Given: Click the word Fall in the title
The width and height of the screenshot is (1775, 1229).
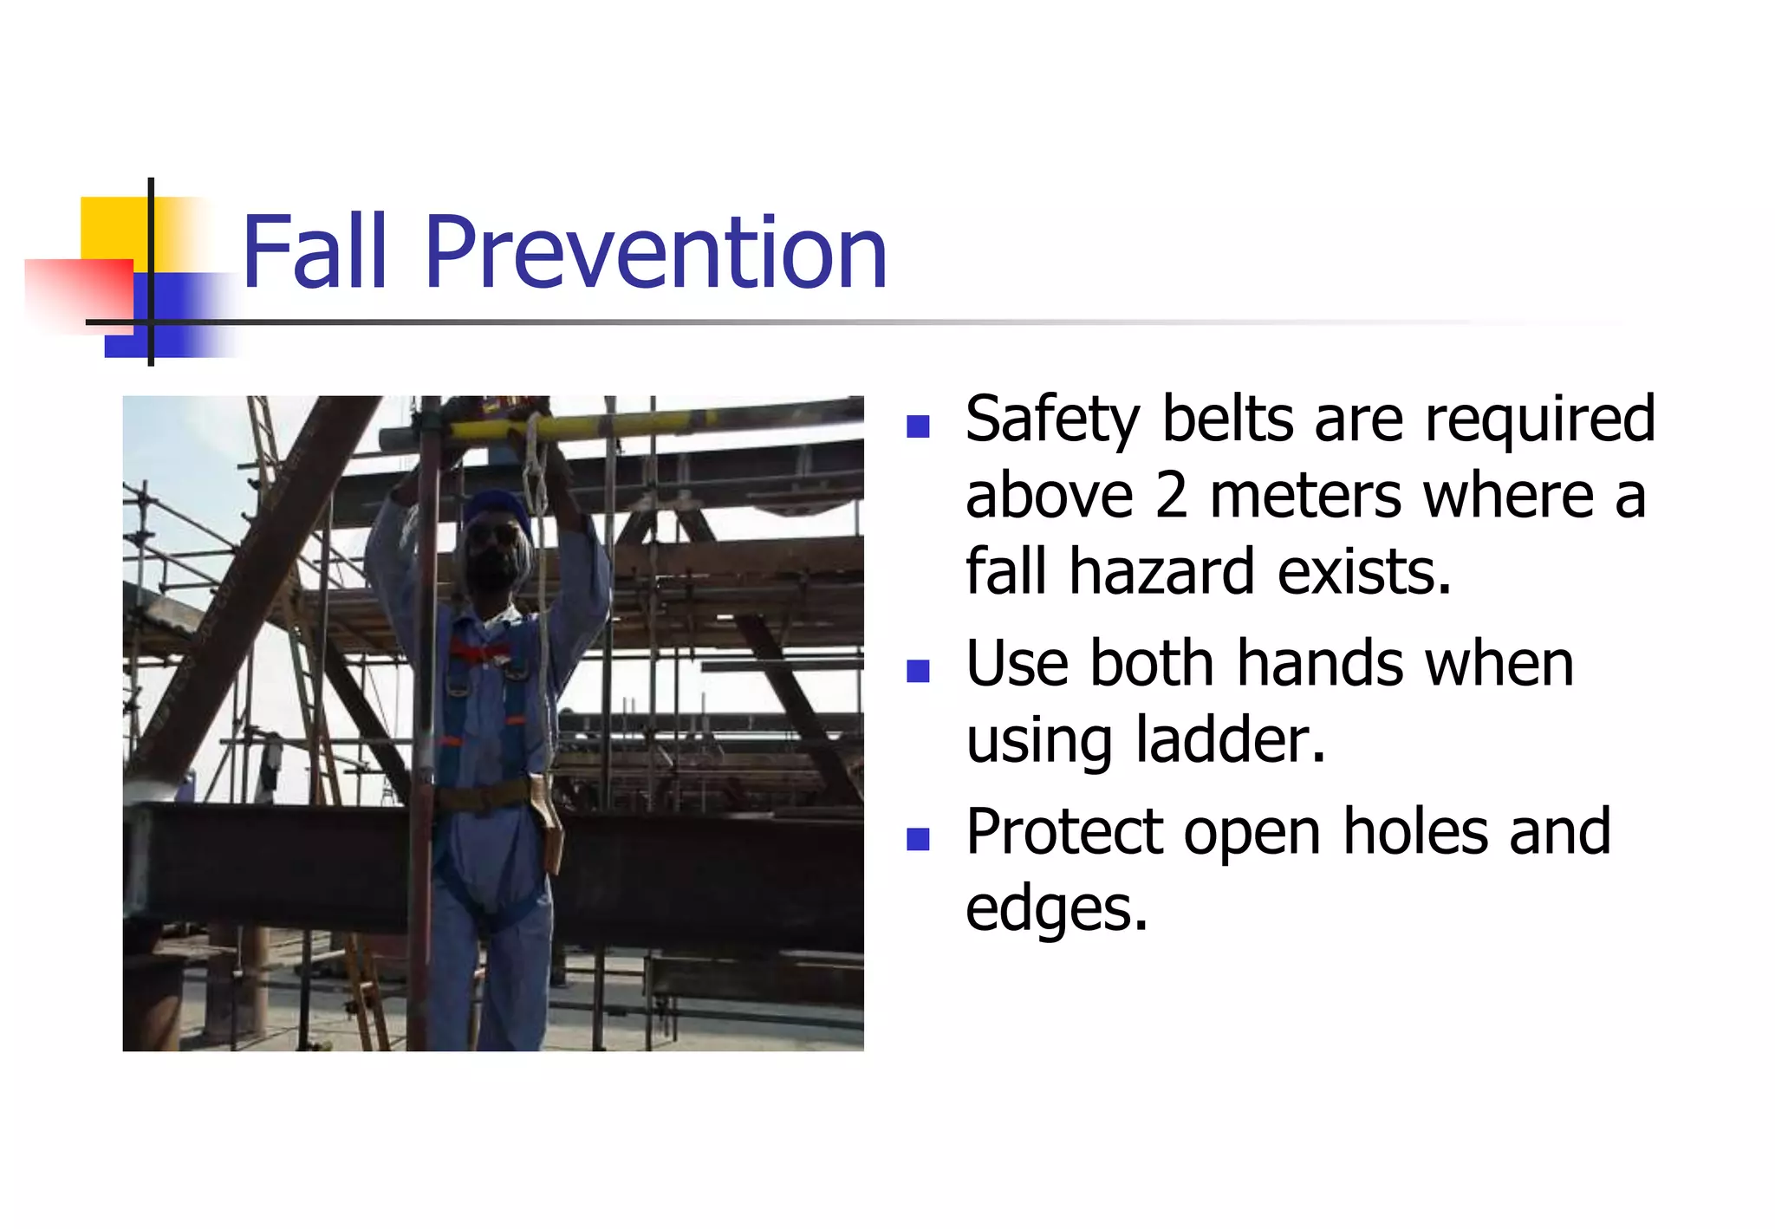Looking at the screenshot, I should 314,252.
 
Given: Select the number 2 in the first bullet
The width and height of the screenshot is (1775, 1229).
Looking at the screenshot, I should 1171,497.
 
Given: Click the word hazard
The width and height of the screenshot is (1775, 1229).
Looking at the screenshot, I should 1162,572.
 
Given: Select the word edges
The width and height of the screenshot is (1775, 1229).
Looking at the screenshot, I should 1056,910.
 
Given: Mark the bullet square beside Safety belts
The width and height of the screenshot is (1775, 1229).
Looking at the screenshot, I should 918,426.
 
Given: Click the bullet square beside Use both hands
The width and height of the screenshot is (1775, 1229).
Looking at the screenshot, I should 918,671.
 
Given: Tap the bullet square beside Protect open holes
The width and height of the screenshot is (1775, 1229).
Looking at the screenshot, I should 918,839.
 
